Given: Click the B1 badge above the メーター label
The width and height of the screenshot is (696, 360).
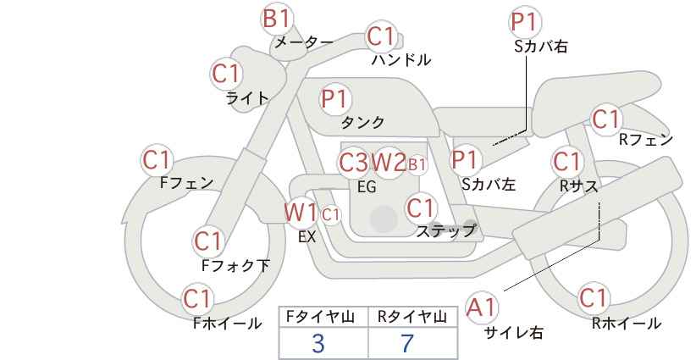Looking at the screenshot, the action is (x=276, y=19).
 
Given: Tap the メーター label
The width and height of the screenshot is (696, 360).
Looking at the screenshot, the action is (x=304, y=42).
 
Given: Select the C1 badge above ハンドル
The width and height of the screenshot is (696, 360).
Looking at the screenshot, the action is (x=381, y=37).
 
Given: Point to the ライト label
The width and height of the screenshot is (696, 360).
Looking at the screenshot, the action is (x=247, y=98).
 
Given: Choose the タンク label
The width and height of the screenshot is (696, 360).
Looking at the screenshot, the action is (x=362, y=122).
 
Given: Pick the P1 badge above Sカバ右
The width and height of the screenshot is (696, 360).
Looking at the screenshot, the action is (x=525, y=22).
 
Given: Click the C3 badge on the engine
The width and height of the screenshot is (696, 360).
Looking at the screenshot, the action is (x=353, y=163).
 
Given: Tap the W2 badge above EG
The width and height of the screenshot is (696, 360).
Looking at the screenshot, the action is (x=389, y=163).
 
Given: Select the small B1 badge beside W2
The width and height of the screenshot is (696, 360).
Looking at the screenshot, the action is (x=417, y=165).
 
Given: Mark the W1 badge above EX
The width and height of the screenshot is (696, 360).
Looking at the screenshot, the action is (x=301, y=213).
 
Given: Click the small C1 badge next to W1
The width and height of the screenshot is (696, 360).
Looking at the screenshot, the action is (x=330, y=216).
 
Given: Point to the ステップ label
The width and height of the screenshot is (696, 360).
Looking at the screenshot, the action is (x=445, y=231).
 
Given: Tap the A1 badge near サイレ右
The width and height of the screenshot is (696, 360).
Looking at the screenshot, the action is (x=481, y=307).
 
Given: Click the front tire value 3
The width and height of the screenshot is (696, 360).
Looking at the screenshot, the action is (x=318, y=343).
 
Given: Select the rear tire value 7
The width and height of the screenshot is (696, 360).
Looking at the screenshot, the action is (x=407, y=343).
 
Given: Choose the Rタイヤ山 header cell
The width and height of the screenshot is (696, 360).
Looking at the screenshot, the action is (x=413, y=317).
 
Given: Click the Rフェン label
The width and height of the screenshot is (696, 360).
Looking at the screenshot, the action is (x=646, y=141).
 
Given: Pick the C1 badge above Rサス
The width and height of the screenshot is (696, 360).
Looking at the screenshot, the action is (x=566, y=162).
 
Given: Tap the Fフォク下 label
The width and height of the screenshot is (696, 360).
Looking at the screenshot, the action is (x=235, y=265).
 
